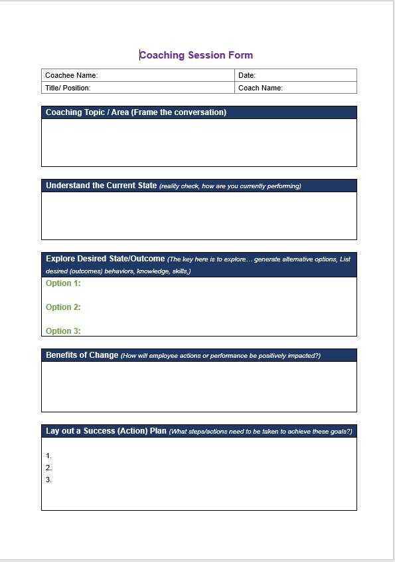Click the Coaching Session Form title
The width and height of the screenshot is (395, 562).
click(197, 55)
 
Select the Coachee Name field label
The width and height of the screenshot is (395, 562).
click(71, 75)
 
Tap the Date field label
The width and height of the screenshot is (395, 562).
click(247, 75)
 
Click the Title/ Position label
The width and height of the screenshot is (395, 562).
click(68, 88)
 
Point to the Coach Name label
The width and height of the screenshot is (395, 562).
click(260, 88)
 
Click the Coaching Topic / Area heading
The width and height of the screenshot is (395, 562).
click(136, 112)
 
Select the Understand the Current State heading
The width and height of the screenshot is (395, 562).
click(101, 186)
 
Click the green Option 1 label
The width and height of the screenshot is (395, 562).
click(63, 283)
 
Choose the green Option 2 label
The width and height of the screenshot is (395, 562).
click(63, 307)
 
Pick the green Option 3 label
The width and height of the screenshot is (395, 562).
click(63, 331)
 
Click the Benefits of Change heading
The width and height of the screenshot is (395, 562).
click(82, 355)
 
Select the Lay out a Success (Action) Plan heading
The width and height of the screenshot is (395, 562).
click(106, 431)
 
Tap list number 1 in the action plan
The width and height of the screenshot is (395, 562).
click(48, 456)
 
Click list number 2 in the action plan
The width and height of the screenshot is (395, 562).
click(48, 468)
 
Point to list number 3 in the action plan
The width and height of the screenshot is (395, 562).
click(48, 480)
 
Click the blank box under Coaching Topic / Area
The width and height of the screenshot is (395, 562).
click(198, 142)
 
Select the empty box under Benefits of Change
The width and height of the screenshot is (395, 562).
click(198, 386)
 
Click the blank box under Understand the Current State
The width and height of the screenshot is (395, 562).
click(198, 215)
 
